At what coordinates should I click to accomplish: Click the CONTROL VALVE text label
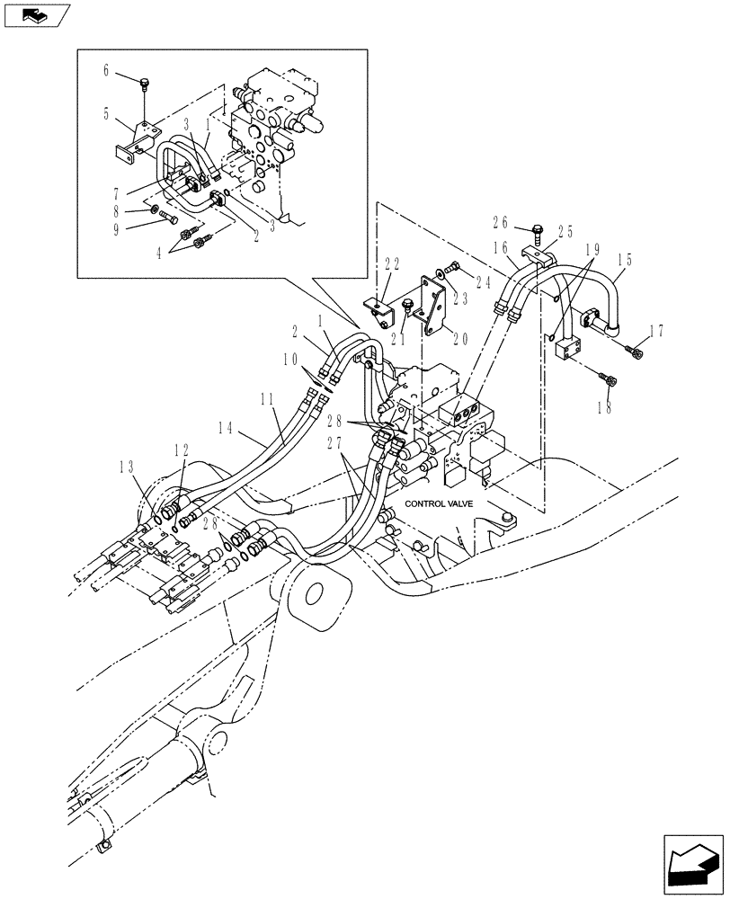445,505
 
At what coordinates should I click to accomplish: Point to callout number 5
105,114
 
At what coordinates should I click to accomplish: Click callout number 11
268,396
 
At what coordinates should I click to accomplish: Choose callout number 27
334,441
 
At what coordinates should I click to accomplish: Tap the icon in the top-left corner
37,15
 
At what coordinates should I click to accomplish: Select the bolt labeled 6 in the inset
144,85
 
